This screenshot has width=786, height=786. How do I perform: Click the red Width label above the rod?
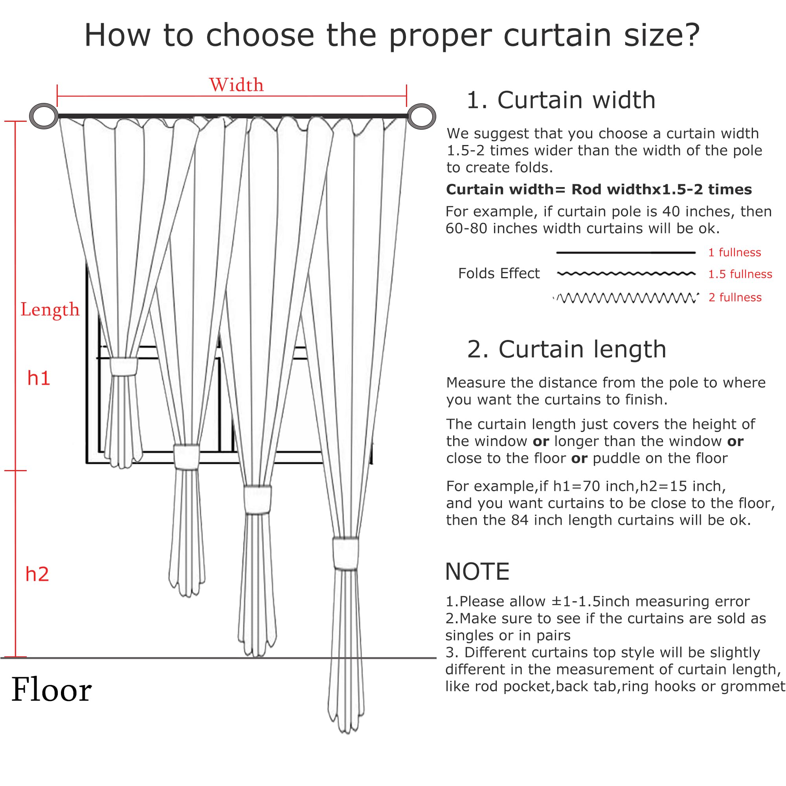tap(236, 85)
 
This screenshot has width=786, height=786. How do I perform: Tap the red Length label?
tap(50, 310)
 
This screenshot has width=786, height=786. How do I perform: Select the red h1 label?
tap(39, 378)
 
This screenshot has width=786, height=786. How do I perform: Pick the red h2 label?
tap(37, 574)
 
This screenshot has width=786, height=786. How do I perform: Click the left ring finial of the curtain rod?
tap(44, 116)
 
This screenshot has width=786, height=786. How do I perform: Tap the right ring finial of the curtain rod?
tap(421, 116)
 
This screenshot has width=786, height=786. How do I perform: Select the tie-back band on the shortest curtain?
tap(124, 367)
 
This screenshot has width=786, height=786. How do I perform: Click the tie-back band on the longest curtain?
tap(345, 553)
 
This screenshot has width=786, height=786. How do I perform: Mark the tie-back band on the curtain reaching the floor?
tap(257, 500)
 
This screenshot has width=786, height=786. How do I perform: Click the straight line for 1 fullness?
tap(626, 253)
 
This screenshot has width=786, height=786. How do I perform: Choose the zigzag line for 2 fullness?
tap(626, 298)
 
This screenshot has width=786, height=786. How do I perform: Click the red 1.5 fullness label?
tap(740, 274)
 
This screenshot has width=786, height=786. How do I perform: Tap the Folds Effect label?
tap(499, 274)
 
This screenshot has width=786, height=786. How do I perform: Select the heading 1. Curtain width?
tap(561, 100)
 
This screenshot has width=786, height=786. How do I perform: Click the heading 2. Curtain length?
tap(566, 349)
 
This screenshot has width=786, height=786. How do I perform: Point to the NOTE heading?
tap(477, 571)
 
